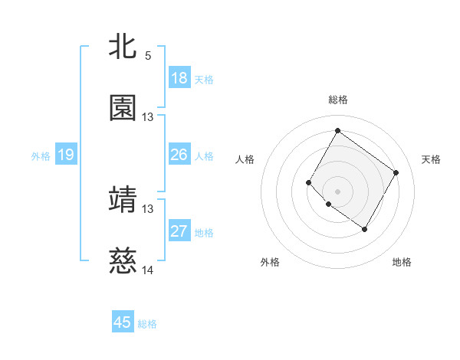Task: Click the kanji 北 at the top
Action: [123, 47]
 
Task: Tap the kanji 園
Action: [123, 108]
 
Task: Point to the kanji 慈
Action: [123, 262]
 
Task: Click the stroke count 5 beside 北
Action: [148, 55]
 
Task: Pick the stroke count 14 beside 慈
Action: [148, 270]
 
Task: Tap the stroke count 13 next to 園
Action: [148, 117]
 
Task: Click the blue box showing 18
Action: [179, 78]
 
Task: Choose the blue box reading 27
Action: [179, 231]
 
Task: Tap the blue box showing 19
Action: [66, 155]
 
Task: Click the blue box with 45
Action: [123, 322]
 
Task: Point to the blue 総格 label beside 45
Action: [147, 324]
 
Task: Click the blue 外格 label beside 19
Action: [41, 156]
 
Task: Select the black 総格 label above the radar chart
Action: [337, 100]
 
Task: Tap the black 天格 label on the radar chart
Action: [431, 159]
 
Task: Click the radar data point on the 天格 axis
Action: [396, 172]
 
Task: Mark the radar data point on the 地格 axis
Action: [364, 229]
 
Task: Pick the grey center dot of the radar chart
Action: [337, 191]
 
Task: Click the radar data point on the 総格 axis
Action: [337, 131]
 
